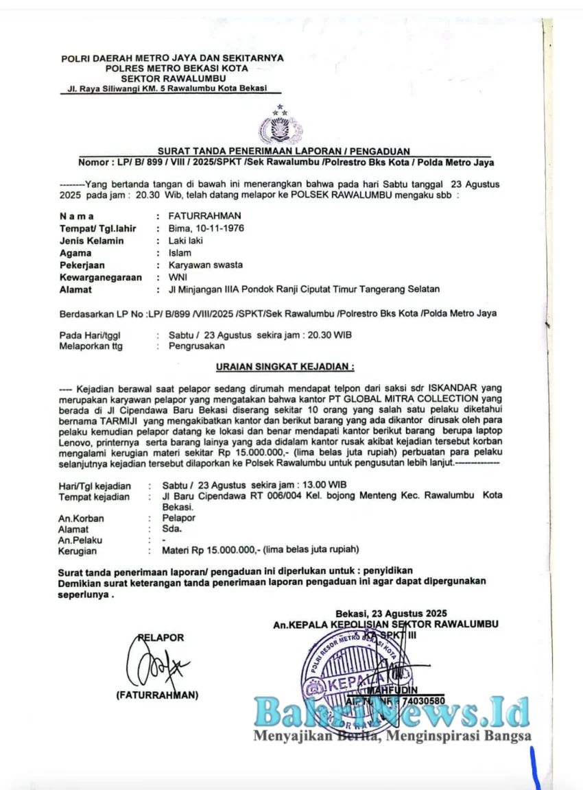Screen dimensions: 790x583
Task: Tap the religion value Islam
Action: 180,253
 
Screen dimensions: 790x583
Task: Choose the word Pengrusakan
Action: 197,346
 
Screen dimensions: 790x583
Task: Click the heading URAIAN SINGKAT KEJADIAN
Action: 284,368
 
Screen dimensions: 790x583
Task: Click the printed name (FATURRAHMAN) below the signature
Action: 157,695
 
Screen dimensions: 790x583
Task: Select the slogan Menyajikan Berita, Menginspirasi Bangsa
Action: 392,737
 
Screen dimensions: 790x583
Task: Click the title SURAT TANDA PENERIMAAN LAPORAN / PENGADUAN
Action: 284,152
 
